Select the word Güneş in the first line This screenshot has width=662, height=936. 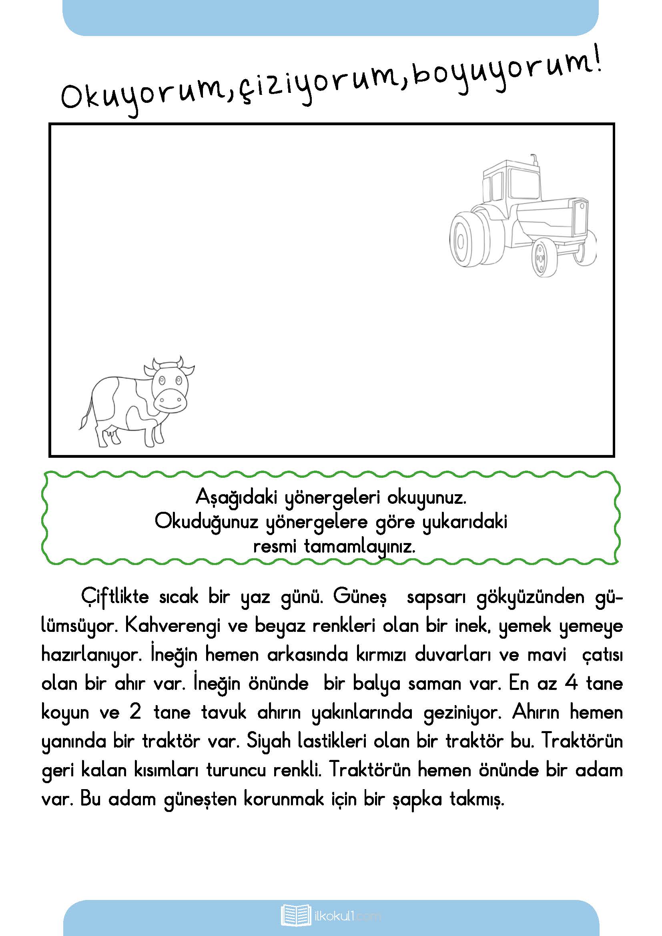pyautogui.click(x=359, y=597)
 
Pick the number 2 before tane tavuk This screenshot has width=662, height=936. pyautogui.click(x=135, y=712)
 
